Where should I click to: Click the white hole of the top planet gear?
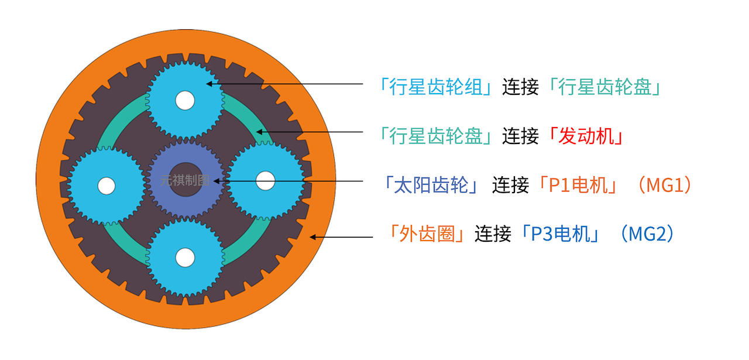pyautogui.click(x=184, y=101)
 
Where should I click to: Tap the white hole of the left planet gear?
pyautogui.click(x=106, y=186)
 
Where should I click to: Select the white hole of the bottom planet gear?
pyautogui.click(x=185, y=256)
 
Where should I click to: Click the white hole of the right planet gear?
pyautogui.click(x=265, y=180)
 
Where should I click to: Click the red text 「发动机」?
pyautogui.click(x=585, y=136)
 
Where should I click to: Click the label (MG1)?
pyautogui.click(x=664, y=186)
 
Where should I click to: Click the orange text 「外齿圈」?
pyautogui.click(x=427, y=234)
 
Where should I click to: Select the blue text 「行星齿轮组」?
pyautogui.click(x=436, y=88)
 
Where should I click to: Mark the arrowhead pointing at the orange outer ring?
pyautogui.click(x=313, y=237)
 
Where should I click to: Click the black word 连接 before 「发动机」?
pyautogui.click(x=520, y=136)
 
